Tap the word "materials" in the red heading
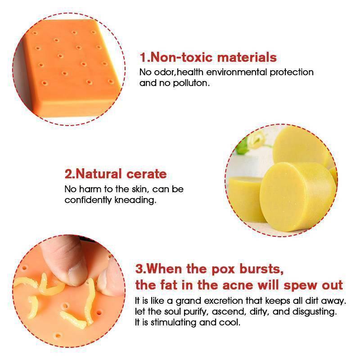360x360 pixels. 247,57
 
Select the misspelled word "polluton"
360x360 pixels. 191,83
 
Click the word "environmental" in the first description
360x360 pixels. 237,72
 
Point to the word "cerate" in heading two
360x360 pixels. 147,174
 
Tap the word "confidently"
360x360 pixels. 88,200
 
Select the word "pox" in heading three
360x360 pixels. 223,269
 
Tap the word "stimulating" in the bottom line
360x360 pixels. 174,322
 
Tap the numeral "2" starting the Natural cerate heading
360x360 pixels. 68,174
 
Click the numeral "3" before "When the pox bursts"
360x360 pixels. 139,269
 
